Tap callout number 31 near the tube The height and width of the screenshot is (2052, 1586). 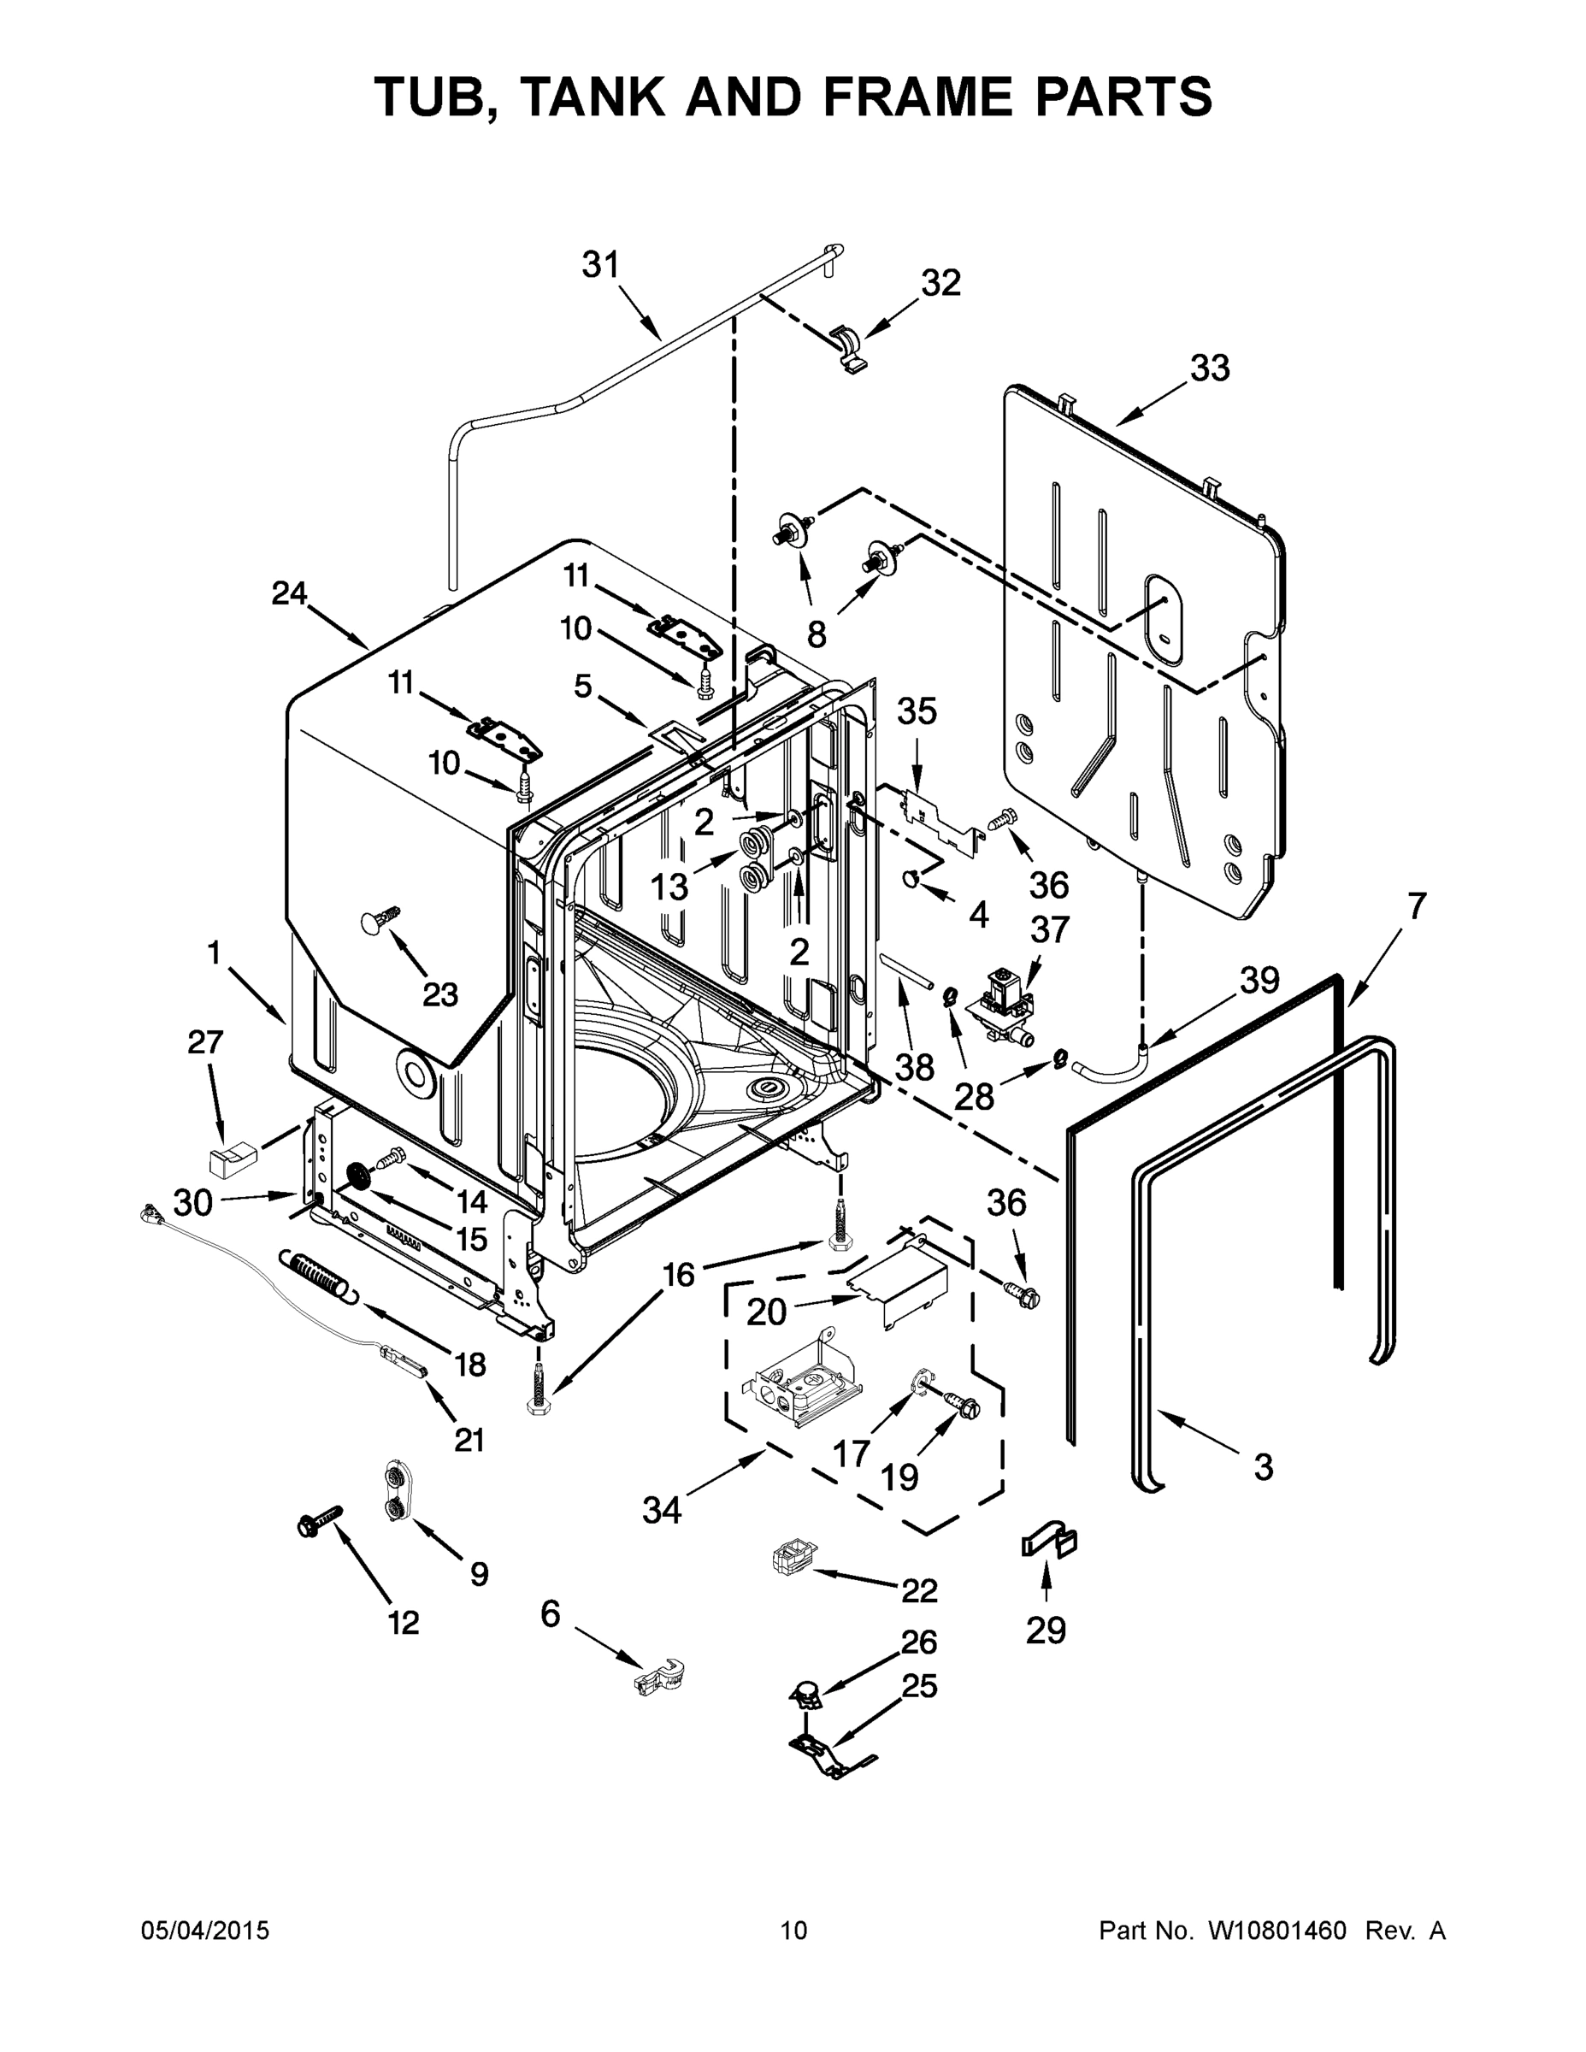pyautogui.click(x=600, y=266)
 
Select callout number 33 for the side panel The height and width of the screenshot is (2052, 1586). pyautogui.click(x=1209, y=369)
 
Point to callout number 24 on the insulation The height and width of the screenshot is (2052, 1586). pyautogui.click(x=288, y=594)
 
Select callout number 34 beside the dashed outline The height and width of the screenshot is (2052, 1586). pyautogui.click(x=662, y=1510)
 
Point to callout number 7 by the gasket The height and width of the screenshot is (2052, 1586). pyautogui.click(x=1416, y=905)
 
